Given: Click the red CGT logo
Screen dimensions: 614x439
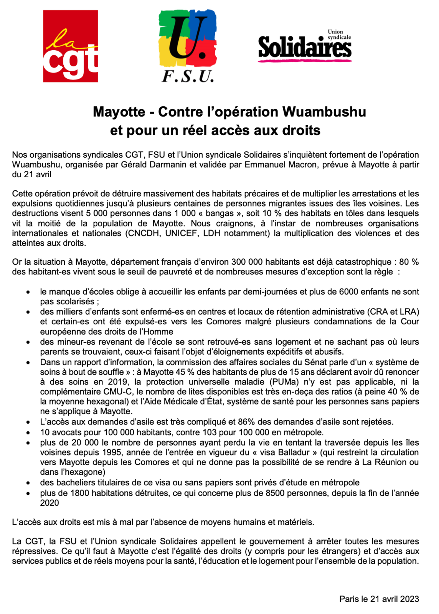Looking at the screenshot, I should coord(70,46).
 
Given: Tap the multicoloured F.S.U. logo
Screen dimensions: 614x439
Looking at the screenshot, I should coord(188,46).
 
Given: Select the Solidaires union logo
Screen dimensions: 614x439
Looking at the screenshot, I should coord(305,47).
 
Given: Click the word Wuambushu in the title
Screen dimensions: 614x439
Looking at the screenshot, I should coord(324,112).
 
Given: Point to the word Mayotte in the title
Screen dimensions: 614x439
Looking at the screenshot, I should coord(119,112).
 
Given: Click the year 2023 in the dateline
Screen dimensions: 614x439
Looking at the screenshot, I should coord(409,599).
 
